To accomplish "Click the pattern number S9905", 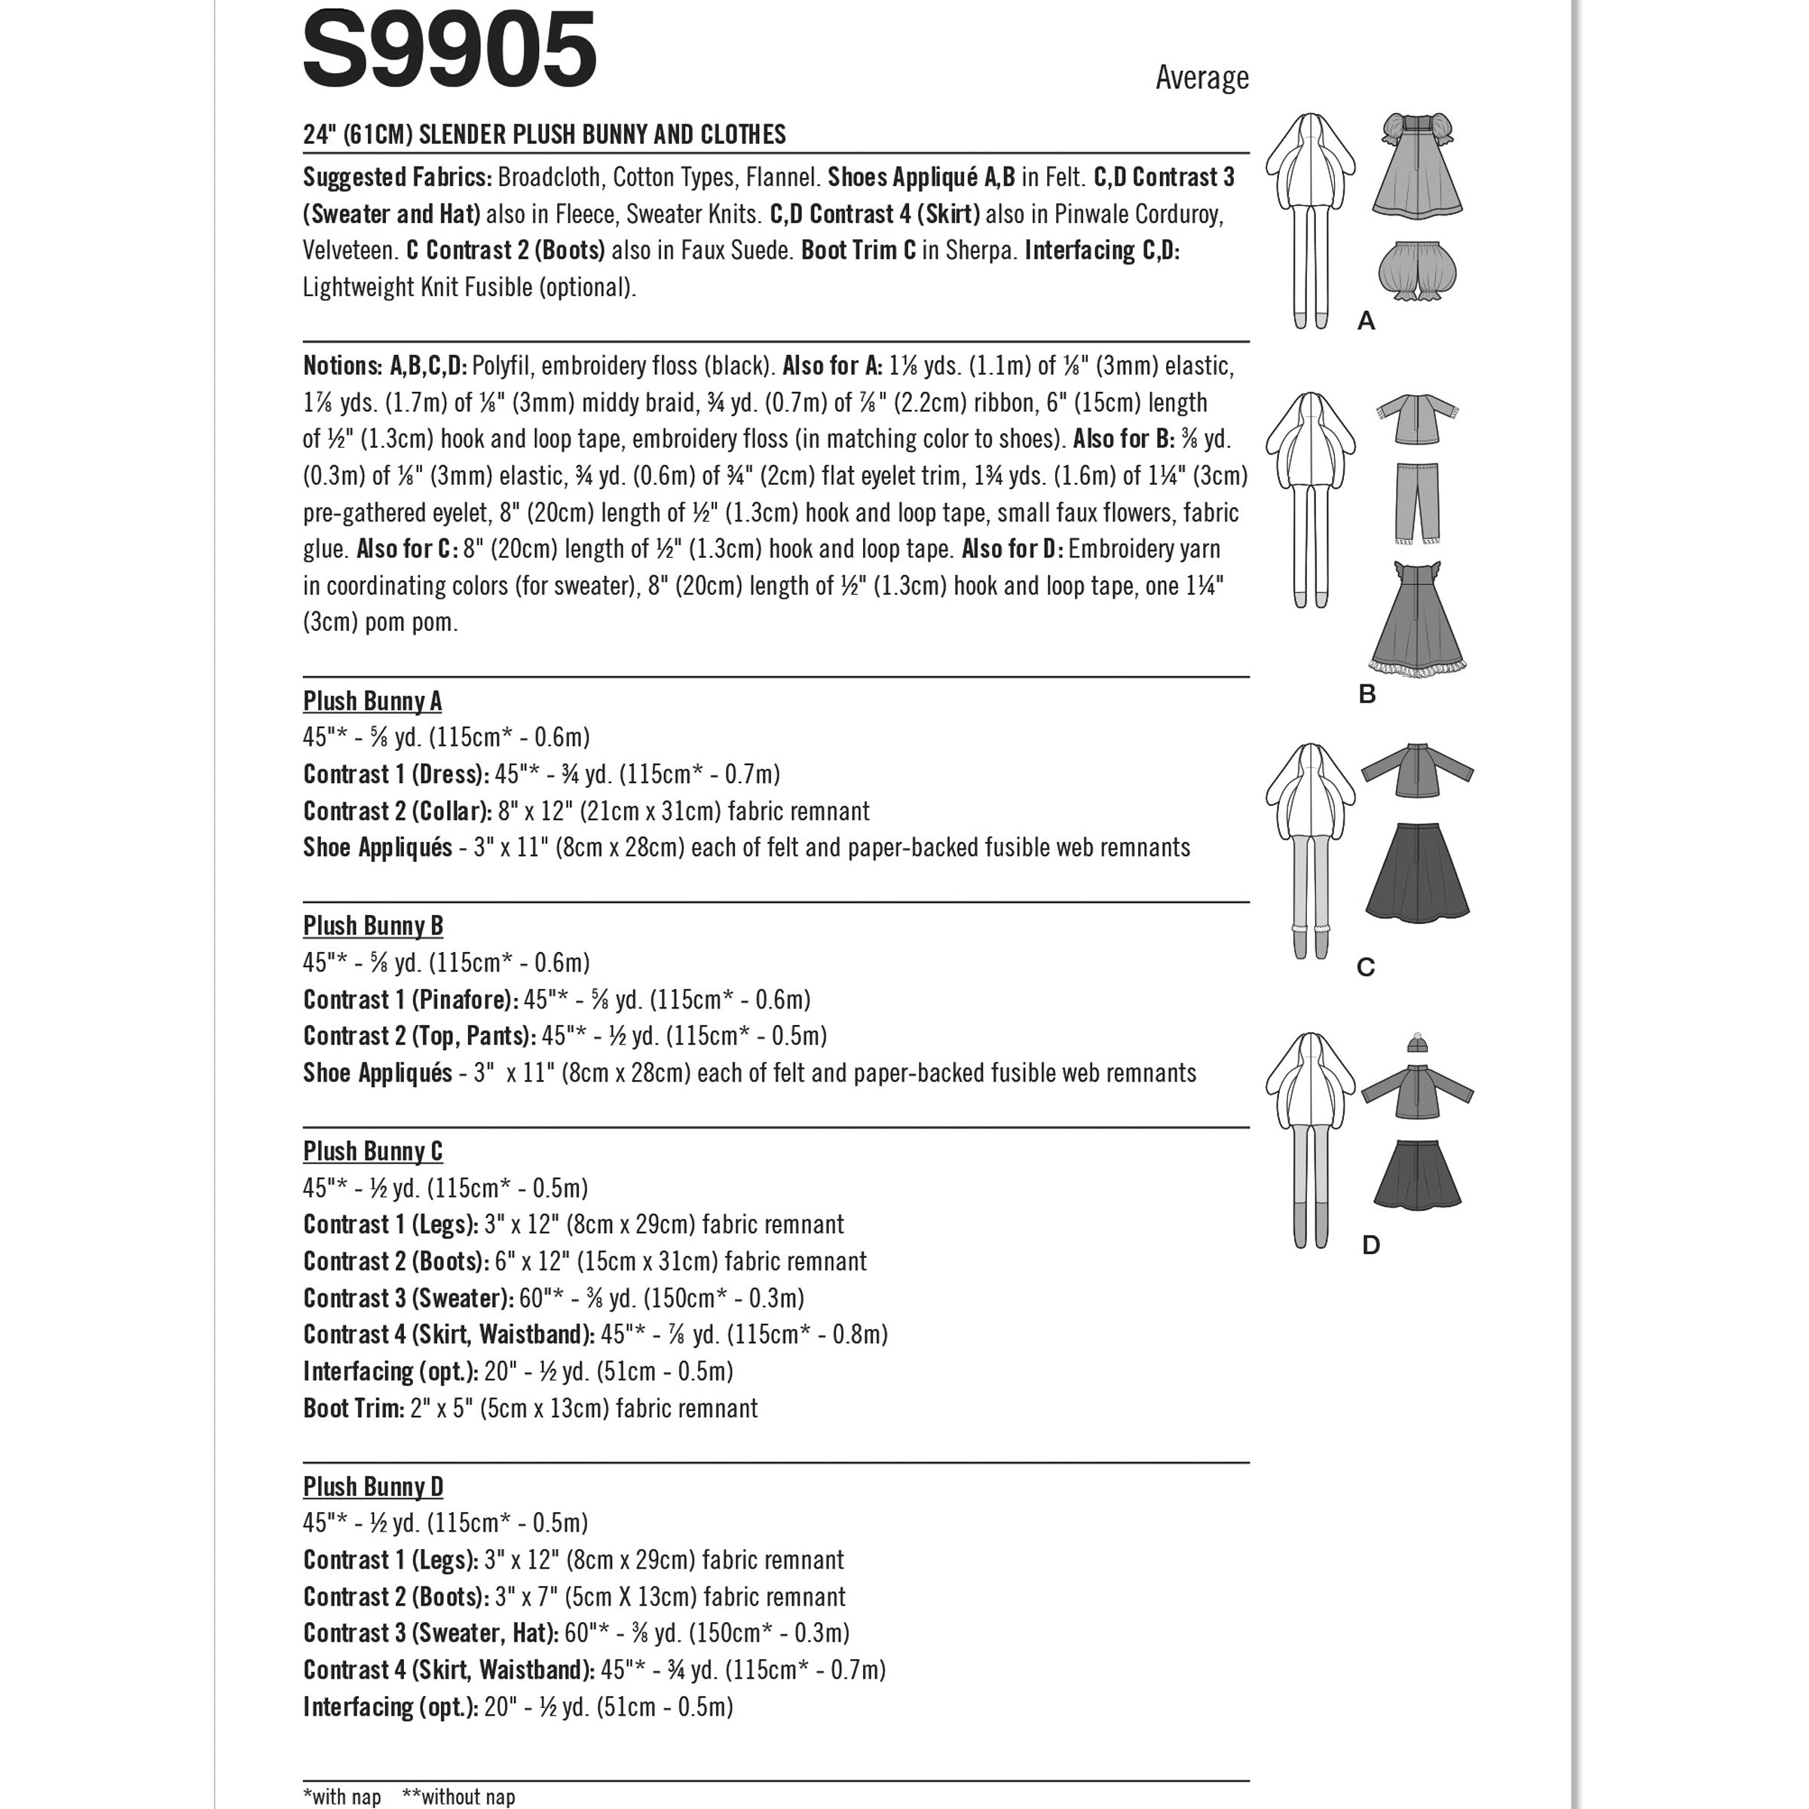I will [449, 49].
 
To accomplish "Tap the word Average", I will [1201, 78].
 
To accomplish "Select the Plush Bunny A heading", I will [372, 701].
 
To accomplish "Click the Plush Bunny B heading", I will [372, 926].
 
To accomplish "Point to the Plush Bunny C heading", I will [372, 1152].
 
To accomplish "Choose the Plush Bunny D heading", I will [372, 1487].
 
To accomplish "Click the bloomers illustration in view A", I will [1418, 271].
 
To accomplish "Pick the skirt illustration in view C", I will [1417, 873].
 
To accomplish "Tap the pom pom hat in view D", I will [1418, 1044].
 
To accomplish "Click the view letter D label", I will [1371, 1245].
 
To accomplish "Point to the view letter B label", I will [1367, 695].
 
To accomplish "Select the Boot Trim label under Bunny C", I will [353, 1408].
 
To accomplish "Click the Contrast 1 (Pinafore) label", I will [410, 1000].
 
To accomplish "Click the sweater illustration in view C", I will [1417, 770].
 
